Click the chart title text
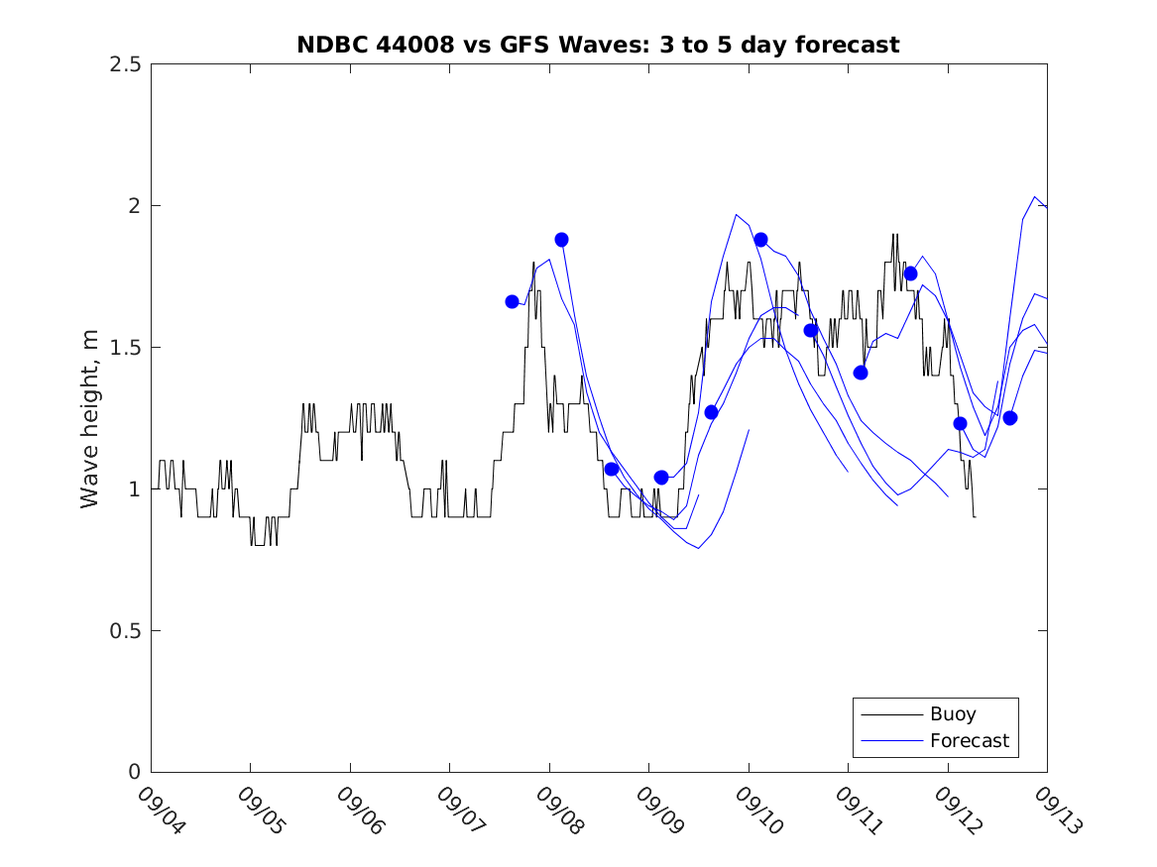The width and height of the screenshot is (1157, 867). tap(598, 45)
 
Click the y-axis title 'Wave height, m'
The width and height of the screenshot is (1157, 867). tap(90, 418)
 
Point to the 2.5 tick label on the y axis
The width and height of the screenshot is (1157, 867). tap(124, 64)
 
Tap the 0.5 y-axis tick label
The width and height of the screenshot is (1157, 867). tap(124, 631)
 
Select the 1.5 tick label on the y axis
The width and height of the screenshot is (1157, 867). tap(124, 348)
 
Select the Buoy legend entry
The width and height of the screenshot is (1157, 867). tap(952, 713)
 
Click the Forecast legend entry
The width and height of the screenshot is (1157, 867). tap(969, 740)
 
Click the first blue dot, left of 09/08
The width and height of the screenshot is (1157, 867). tap(513, 301)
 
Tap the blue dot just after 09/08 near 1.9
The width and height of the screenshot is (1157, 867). tap(562, 240)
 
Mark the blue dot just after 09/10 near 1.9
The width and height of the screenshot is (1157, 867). tap(760, 240)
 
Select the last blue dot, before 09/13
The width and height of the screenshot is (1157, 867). tap(1009, 417)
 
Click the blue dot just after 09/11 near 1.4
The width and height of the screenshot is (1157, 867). tap(861, 373)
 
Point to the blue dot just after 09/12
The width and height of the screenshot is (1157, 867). tap(960, 423)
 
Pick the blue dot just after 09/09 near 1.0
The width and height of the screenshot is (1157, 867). tap(661, 478)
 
